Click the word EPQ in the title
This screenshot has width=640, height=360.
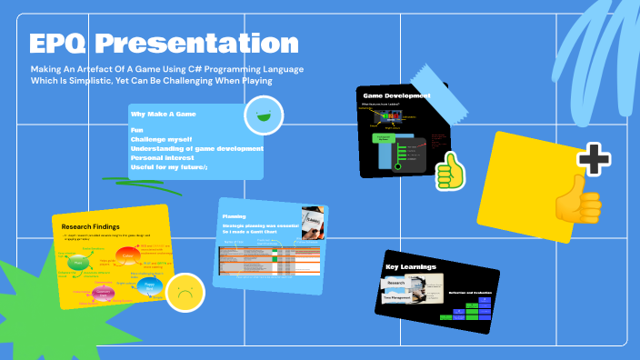[x=58, y=43]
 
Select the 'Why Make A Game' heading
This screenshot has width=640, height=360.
[x=164, y=115]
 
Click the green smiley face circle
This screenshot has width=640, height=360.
[x=264, y=115]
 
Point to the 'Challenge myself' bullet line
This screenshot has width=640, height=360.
[x=161, y=139]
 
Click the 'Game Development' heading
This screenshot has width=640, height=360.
[x=396, y=95]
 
